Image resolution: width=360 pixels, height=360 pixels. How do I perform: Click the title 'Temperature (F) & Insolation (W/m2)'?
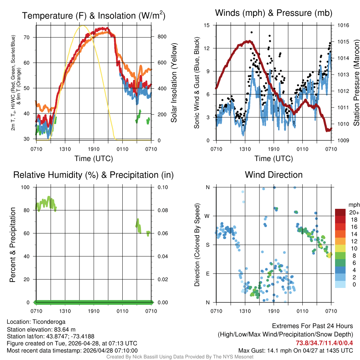[x=94, y=16]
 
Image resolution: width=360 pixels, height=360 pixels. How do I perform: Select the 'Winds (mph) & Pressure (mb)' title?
[x=274, y=13]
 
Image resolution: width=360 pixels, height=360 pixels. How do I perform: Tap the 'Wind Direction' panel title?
[x=274, y=175]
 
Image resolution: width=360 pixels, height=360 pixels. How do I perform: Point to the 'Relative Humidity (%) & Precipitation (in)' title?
[x=94, y=175]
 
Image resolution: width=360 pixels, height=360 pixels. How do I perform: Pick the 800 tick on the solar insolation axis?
[x=159, y=37]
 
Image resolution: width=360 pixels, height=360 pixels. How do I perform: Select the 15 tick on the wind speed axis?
[x=207, y=25]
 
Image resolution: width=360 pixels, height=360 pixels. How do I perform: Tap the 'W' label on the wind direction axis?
[x=207, y=216]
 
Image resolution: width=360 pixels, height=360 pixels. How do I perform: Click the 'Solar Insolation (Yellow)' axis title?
[x=174, y=83]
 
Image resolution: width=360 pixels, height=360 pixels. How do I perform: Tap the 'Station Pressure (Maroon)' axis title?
[x=356, y=83]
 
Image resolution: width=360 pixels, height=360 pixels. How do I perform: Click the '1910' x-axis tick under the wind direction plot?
[x=274, y=311]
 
